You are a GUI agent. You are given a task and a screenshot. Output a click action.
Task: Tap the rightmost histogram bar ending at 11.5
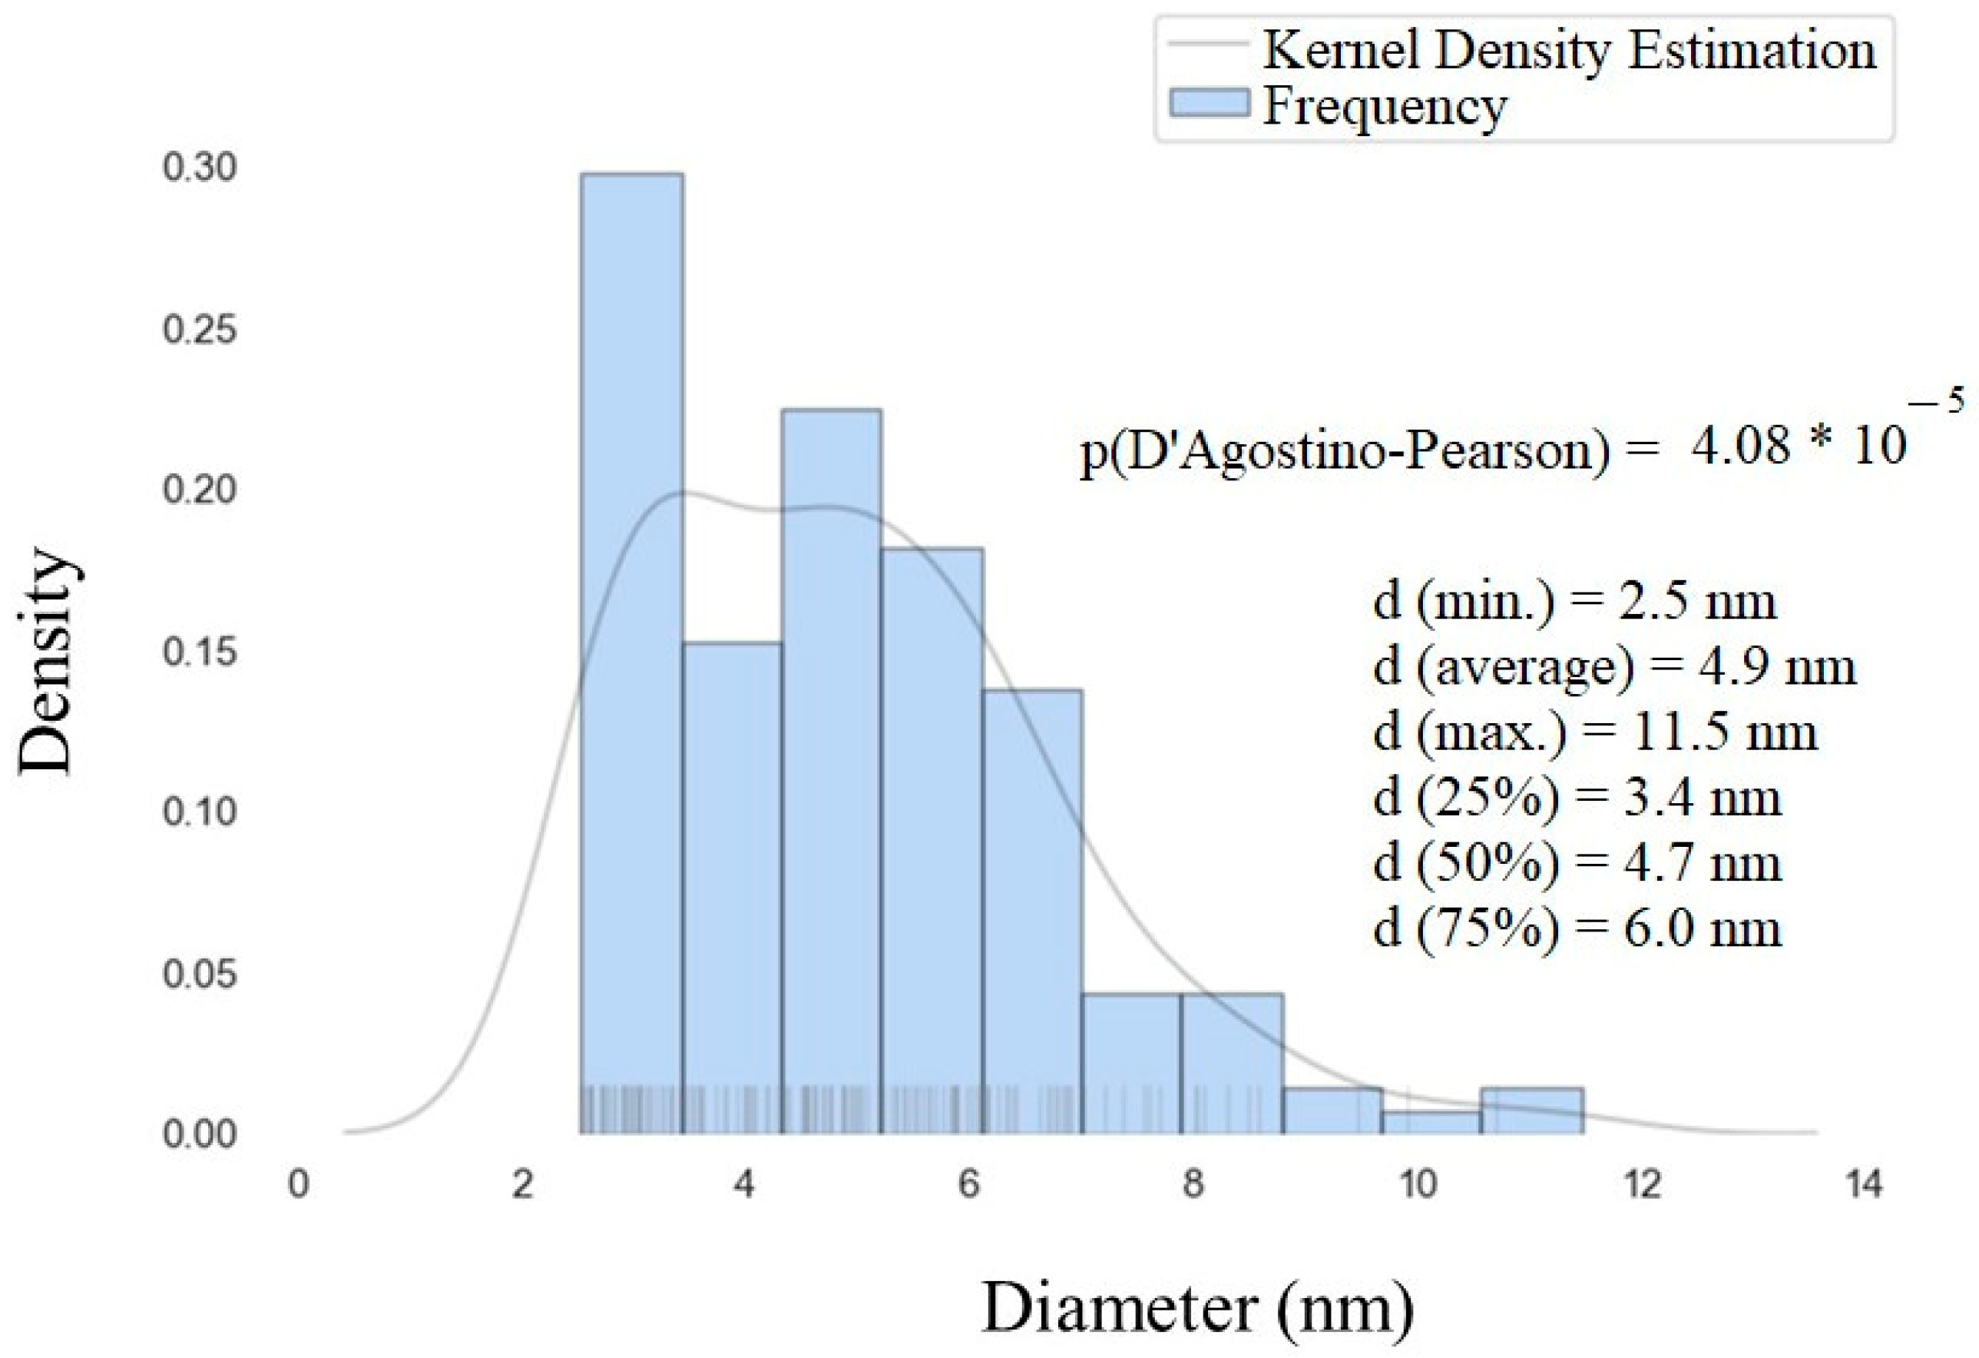click(x=1532, y=1111)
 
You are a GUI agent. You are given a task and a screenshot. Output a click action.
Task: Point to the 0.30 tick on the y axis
click(x=199, y=168)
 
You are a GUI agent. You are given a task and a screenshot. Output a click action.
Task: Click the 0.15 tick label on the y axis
click(x=199, y=652)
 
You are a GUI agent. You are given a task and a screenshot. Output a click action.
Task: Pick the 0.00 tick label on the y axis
click(x=199, y=1135)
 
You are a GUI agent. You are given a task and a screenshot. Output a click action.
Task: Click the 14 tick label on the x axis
click(x=1864, y=1185)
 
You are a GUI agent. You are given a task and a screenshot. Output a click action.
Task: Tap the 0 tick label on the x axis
click(x=298, y=1185)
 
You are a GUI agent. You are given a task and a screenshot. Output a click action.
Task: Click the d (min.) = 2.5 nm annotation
click(x=1574, y=602)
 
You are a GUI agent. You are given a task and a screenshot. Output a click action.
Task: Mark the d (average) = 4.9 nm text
click(x=1613, y=667)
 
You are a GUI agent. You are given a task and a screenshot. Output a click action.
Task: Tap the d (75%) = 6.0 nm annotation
click(x=1577, y=927)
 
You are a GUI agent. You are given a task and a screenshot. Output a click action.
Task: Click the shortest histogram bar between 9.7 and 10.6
click(x=1431, y=1123)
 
